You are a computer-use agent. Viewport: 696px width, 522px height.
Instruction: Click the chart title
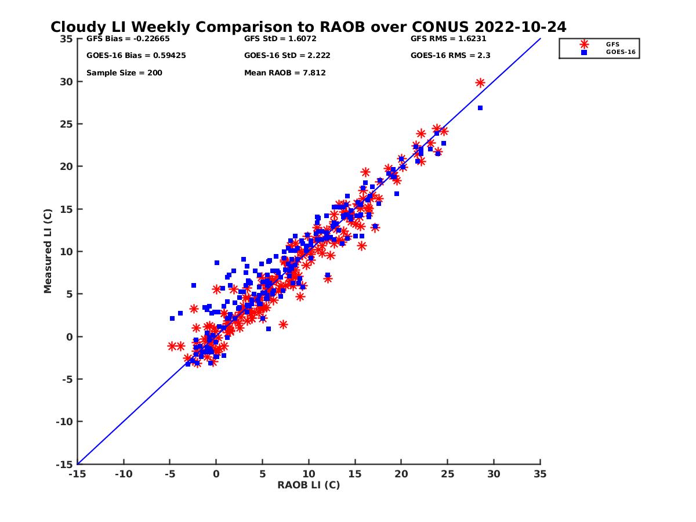click(x=308, y=27)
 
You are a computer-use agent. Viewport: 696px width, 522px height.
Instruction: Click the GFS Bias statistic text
click(x=120, y=39)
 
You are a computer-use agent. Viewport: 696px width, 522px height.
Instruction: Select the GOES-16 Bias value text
click(x=136, y=56)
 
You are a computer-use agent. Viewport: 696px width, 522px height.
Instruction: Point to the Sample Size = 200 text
click(x=124, y=73)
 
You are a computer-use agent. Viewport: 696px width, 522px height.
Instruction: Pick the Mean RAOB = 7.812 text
click(x=285, y=73)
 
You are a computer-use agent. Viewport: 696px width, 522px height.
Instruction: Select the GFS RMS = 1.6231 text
click(x=448, y=39)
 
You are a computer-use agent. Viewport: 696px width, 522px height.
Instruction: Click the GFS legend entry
click(x=612, y=44)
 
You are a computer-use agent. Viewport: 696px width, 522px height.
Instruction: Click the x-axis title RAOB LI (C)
click(x=309, y=485)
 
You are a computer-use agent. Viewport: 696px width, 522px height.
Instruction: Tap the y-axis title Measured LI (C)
click(x=48, y=251)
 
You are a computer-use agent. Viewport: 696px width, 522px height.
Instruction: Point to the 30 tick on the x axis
click(x=494, y=474)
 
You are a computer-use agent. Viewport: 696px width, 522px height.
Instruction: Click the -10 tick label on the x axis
click(x=123, y=474)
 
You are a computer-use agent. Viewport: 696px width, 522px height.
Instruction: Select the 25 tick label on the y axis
click(x=66, y=124)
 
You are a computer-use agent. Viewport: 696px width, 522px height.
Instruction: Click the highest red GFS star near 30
click(x=480, y=83)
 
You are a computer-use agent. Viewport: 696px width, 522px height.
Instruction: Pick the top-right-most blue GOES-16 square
click(x=480, y=108)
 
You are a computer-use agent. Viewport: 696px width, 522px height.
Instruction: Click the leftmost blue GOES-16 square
click(x=172, y=318)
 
